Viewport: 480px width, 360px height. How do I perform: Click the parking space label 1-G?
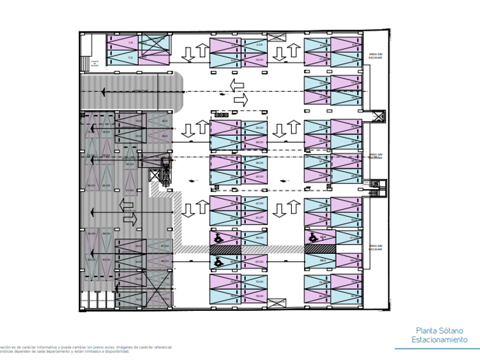(x=130, y=43)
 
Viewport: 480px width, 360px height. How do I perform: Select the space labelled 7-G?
(x=130, y=58)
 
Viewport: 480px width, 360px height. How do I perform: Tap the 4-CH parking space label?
(x=259, y=45)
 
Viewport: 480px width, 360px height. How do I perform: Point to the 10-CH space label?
(x=259, y=59)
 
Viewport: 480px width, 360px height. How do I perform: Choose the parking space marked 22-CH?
(x=259, y=127)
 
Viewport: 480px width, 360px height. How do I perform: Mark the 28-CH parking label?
(x=259, y=142)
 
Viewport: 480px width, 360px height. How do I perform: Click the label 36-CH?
(x=259, y=163)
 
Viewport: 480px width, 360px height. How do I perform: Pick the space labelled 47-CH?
(x=259, y=203)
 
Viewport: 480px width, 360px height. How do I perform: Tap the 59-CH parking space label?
(x=259, y=238)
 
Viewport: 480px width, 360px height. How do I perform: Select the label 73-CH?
(x=259, y=282)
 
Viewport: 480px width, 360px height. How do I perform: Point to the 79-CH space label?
(x=259, y=295)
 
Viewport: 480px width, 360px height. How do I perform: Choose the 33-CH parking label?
(x=130, y=164)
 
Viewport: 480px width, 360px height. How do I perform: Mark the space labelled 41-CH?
(x=130, y=190)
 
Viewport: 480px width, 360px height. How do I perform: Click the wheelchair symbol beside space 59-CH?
(x=218, y=236)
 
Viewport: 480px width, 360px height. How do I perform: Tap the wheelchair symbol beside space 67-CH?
(x=218, y=261)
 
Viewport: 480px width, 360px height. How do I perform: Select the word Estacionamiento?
(x=439, y=340)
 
